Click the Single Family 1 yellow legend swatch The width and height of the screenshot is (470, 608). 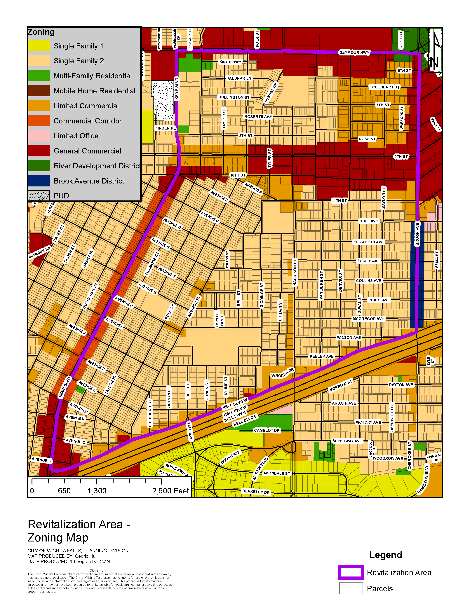click(x=39, y=46)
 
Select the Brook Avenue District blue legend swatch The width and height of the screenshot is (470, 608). click(x=39, y=181)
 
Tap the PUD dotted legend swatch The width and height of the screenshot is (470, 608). click(x=39, y=196)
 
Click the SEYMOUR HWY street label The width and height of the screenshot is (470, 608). click(x=354, y=52)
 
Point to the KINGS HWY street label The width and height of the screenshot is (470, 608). click(x=230, y=62)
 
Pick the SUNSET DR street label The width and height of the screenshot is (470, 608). click(x=271, y=93)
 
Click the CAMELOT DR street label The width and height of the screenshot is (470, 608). click(x=267, y=430)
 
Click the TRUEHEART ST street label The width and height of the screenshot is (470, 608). click(x=384, y=87)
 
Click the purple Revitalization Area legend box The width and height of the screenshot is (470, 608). click(x=351, y=573)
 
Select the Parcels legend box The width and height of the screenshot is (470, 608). click(x=351, y=588)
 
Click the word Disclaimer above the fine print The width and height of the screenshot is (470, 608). click(x=97, y=570)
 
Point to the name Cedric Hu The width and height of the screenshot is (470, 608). click(x=85, y=556)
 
